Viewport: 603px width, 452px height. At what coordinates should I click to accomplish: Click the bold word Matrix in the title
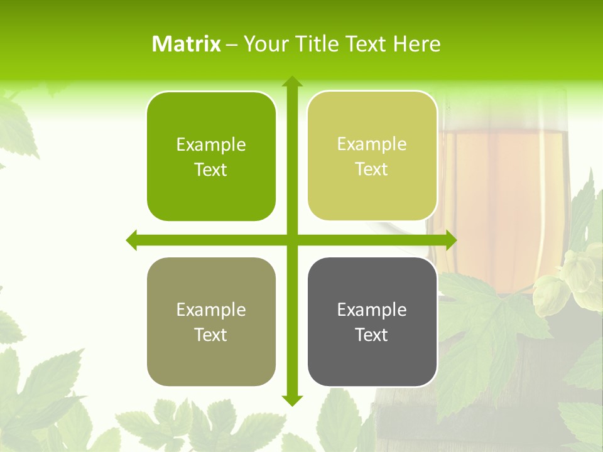pyautogui.click(x=187, y=44)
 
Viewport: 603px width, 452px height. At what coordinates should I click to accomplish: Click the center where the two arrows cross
pyautogui.click(x=291, y=240)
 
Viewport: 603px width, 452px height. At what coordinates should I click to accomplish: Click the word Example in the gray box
pyautogui.click(x=372, y=309)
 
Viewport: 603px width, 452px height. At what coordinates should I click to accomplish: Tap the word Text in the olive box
pyautogui.click(x=211, y=335)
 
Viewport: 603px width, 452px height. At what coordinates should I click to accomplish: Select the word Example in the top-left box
pyautogui.click(x=211, y=144)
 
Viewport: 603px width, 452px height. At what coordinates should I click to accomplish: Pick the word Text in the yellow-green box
pyautogui.click(x=372, y=169)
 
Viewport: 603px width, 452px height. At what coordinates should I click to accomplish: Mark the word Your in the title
pyautogui.click(x=263, y=44)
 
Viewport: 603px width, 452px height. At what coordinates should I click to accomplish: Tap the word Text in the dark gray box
pyautogui.click(x=372, y=335)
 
